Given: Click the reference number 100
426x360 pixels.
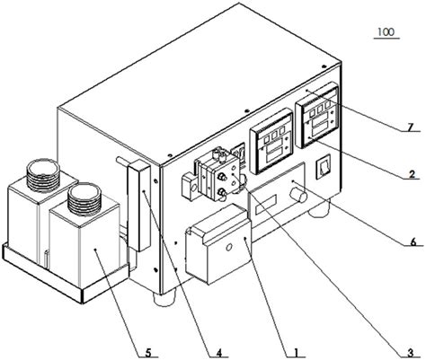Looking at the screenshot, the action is pos(386,32).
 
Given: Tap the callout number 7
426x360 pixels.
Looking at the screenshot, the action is pos(410,127).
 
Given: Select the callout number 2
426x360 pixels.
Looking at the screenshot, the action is pos(412,174).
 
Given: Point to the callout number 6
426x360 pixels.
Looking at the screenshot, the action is pos(413,242).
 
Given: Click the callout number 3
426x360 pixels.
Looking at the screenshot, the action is pos(411,353).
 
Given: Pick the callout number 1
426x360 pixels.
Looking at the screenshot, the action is pos(296,352).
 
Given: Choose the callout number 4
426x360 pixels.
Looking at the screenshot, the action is pos(219,353).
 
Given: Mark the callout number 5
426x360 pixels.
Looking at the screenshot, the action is pos(148,353).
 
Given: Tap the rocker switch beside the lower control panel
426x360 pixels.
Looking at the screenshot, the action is pos(324,166).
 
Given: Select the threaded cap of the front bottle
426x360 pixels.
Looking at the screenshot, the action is pos(84,198).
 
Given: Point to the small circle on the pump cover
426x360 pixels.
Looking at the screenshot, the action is pos(229,248).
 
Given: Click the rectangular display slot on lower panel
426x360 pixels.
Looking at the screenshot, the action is pos(266,205).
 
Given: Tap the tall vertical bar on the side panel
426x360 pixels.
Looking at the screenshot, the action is pos(138,206).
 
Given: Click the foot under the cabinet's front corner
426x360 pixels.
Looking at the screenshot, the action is pos(164,298).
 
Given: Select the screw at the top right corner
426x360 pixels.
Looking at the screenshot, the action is pos(324,66).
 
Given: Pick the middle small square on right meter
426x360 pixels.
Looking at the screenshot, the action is pos(320,110).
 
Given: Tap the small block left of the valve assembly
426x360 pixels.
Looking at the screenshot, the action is pos(190,187).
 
